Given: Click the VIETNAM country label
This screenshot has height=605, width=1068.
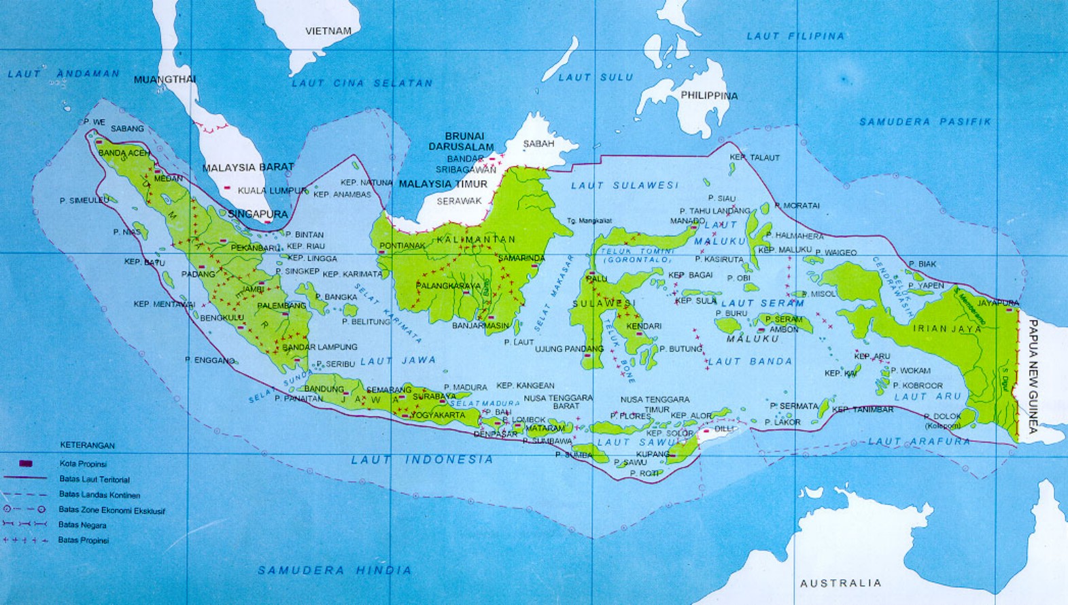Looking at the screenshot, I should point(328,31).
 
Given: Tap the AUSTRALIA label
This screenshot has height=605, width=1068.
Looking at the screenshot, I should point(840,583).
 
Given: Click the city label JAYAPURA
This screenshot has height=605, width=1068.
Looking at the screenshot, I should point(998,303).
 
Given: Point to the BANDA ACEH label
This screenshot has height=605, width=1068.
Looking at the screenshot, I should point(124,153).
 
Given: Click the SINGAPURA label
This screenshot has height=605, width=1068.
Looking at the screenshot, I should point(258,214).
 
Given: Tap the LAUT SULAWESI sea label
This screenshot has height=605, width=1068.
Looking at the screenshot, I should point(625,185).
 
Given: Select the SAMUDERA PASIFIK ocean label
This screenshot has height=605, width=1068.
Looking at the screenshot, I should point(925,122).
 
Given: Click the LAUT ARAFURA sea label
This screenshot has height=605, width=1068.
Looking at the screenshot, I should point(918,441).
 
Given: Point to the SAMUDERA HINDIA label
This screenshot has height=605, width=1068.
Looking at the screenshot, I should point(334,570).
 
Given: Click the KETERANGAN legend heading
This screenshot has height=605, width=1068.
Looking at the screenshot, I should point(88,445).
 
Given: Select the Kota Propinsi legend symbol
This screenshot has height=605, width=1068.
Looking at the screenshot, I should point(26,464).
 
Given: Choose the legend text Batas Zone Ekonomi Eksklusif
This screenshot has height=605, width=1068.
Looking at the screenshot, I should point(111,510).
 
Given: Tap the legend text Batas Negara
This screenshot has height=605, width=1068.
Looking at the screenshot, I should point(82,525).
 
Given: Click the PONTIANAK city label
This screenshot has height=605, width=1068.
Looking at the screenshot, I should point(402,245).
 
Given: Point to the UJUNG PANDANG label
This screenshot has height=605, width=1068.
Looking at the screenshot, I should point(569,349).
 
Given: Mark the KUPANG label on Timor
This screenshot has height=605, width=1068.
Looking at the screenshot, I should point(653,453).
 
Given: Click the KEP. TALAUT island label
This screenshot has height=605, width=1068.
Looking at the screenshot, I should point(755,157).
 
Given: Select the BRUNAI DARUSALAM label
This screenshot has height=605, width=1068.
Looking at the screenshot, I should point(461,141).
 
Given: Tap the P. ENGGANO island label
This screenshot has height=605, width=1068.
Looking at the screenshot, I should point(209,360).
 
